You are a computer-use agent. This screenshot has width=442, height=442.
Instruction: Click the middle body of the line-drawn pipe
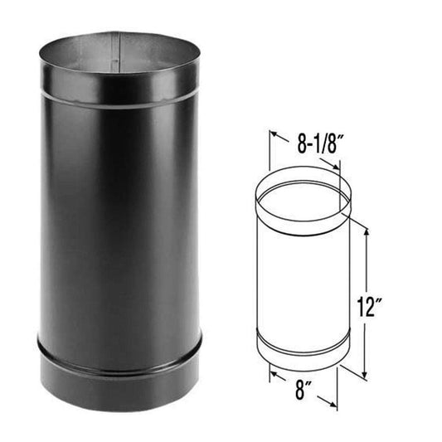(303, 282)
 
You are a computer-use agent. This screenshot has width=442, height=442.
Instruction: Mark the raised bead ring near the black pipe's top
(120, 98)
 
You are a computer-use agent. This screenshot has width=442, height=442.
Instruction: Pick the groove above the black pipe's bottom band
(120, 341)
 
